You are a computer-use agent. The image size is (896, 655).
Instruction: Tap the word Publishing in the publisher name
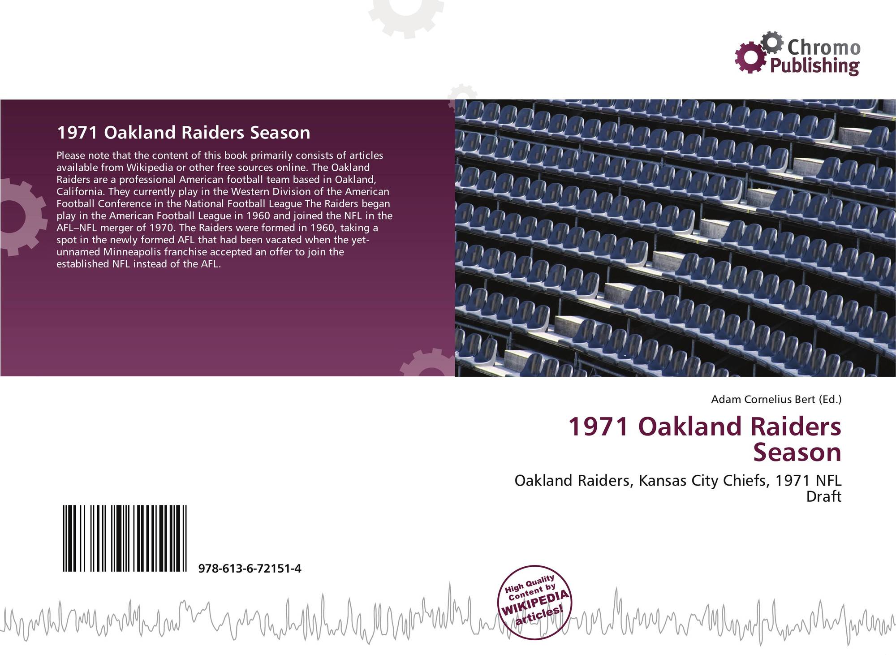pos(814,66)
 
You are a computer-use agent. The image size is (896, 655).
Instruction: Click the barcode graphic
pos(125,538)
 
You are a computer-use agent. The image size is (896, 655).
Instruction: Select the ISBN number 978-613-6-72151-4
pos(250,569)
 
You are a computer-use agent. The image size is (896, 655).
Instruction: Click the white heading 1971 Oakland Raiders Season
pos(183,133)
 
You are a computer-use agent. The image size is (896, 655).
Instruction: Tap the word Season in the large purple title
pos(797,452)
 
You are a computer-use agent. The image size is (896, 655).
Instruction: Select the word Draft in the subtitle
pos(823,496)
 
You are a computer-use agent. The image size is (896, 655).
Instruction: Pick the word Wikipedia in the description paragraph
pos(150,168)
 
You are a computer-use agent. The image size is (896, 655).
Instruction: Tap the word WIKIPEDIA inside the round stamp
pos(535,603)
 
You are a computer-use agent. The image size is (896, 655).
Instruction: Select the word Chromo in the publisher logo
pos(824,47)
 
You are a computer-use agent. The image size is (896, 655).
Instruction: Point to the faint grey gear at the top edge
pos(406,16)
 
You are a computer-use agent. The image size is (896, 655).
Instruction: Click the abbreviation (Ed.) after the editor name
pos(830,399)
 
